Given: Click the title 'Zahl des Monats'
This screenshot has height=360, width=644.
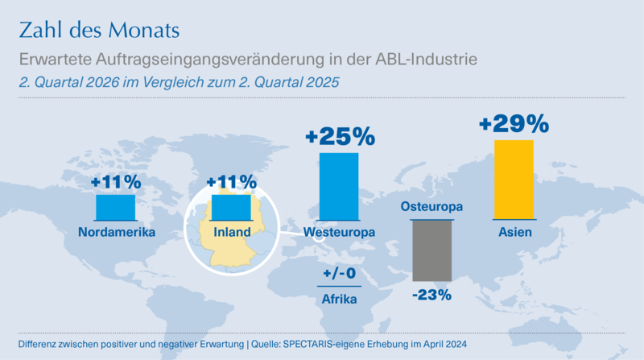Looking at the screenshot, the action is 99,30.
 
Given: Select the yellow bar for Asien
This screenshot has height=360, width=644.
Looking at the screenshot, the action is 514,180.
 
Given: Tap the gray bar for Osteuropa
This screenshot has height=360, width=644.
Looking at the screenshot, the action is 432,250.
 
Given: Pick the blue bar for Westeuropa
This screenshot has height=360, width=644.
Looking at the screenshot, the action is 339,187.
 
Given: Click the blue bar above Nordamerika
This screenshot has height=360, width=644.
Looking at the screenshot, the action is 115,208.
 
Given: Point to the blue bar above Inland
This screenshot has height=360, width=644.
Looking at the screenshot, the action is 231,208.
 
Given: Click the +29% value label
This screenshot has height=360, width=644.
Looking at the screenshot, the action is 514,123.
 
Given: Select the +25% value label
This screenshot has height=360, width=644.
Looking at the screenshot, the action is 340,136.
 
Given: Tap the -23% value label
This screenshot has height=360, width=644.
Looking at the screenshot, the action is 431,295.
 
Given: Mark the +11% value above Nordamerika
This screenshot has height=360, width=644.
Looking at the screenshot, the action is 116,182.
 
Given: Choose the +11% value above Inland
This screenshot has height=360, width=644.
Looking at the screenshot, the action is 232,182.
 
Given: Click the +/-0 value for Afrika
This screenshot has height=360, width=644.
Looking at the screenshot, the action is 339,273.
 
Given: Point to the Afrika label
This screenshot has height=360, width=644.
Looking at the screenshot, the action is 339,299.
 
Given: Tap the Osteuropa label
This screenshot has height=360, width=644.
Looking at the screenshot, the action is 431,206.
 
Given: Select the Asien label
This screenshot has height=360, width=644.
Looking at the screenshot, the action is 515,232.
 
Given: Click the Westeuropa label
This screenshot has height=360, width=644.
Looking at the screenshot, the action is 339,232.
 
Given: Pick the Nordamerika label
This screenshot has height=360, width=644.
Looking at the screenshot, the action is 117,232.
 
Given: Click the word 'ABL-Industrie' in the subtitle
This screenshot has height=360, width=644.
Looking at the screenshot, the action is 427,59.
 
